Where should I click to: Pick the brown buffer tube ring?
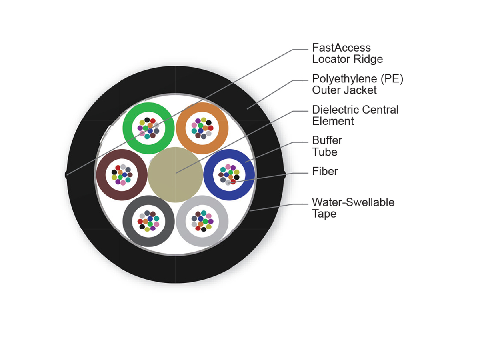(x=102, y=175)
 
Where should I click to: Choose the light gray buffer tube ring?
(x=222, y=221)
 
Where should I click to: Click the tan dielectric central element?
(x=175, y=175)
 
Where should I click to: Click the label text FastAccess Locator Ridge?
(x=347, y=53)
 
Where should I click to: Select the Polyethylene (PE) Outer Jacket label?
(x=358, y=84)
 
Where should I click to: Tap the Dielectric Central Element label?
(x=355, y=115)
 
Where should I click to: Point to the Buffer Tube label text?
(x=327, y=146)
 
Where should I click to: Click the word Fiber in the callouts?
(x=325, y=171)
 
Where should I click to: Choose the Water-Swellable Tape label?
(x=353, y=208)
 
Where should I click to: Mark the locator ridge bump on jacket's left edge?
(x=66, y=174)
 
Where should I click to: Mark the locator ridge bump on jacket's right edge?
(x=284, y=174)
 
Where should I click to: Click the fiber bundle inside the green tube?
(x=148, y=128)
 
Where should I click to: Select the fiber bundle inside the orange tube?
(x=202, y=128)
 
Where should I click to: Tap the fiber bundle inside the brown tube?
(x=122, y=175)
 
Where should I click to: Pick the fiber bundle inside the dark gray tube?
(x=148, y=221)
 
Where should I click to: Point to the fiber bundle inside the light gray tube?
(x=202, y=221)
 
